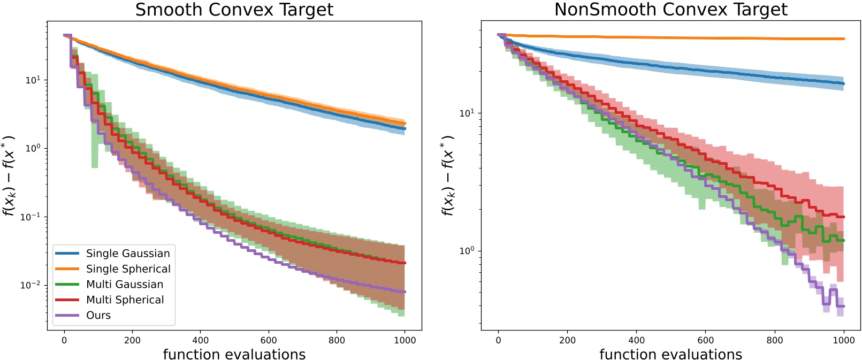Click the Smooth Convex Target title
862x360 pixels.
(234, 10)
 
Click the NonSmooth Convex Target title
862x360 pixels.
(670, 10)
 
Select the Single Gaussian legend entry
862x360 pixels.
(128, 254)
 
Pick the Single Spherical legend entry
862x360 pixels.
(128, 269)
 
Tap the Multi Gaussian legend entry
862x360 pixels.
(125, 285)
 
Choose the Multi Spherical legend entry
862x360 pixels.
(125, 300)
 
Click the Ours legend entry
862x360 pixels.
(98, 316)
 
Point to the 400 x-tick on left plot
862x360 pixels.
(200, 340)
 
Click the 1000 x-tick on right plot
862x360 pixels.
(844, 340)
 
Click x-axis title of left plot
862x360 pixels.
(234, 354)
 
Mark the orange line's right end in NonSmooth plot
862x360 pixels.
(844, 39)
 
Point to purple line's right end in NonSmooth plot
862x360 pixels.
(844, 306)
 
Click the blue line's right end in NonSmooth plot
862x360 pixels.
(844, 84)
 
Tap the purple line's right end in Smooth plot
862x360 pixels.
(405, 292)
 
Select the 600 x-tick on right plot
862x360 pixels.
(705, 340)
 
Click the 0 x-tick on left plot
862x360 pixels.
(64, 340)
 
